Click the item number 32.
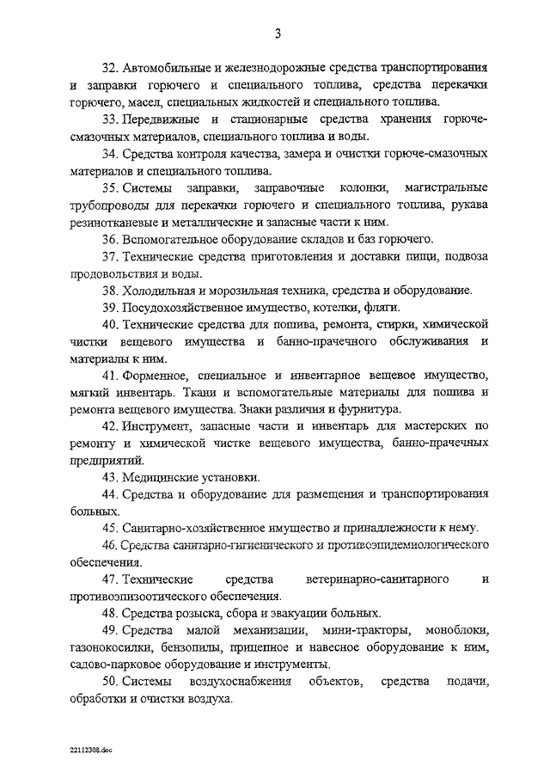pyautogui.click(x=109, y=67)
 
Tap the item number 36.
pyautogui.click(x=109, y=239)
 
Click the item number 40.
pyautogui.click(x=109, y=325)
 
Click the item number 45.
pyautogui.click(x=109, y=528)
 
